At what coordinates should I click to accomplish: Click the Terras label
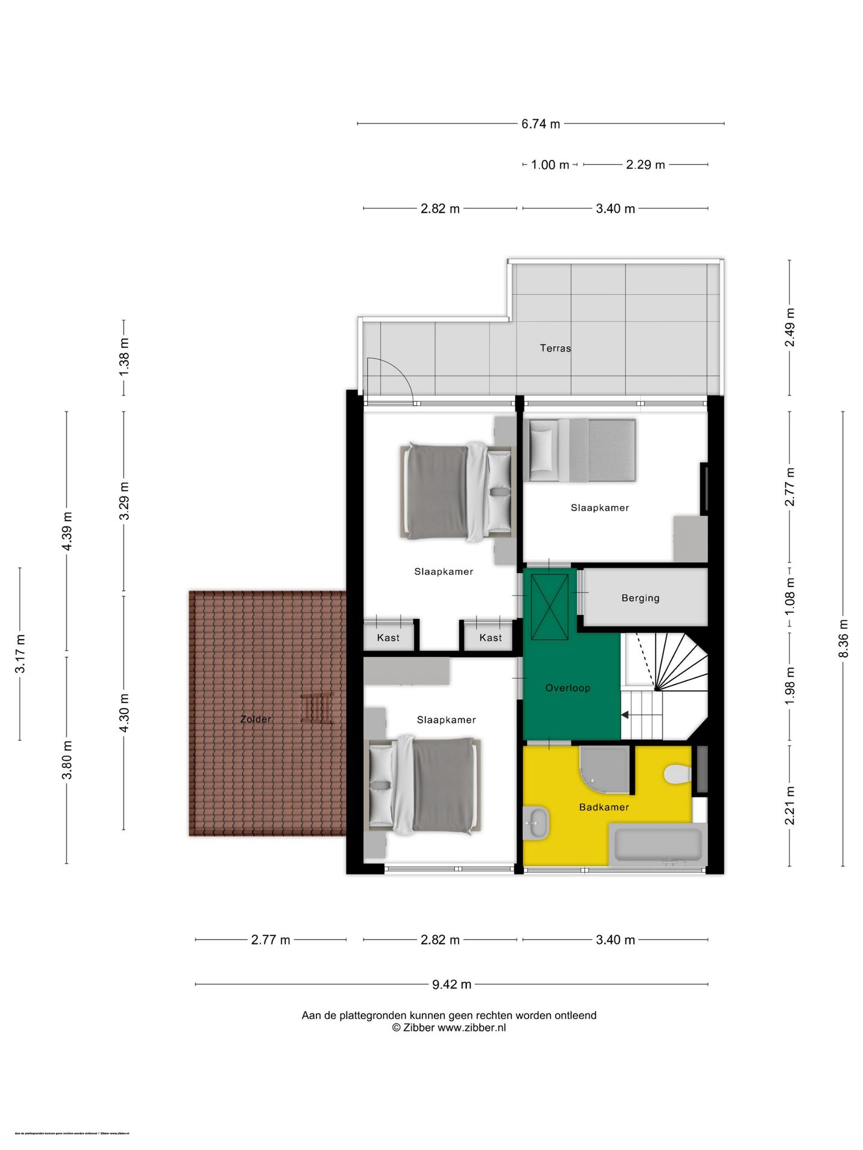pos(555,348)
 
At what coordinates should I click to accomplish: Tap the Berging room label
pos(640,598)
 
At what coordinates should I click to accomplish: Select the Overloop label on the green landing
pos(568,688)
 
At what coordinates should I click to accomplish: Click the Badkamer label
pos(604,807)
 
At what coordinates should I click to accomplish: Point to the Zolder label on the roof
pos(256,719)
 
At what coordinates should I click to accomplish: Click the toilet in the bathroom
pos(677,774)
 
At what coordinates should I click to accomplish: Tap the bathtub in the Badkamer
pos(657,844)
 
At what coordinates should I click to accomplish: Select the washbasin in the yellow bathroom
pos(536,823)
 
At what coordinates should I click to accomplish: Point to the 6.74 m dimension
pos(541,124)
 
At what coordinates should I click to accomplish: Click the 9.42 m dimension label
pos(451,985)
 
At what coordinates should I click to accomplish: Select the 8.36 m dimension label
pos(843,638)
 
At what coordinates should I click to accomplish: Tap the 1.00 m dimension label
pos(550,165)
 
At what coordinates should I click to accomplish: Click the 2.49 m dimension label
pos(790,327)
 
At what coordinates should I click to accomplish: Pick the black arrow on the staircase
pos(625,715)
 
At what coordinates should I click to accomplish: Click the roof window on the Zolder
pos(316,709)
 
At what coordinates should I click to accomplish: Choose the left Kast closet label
pos(388,638)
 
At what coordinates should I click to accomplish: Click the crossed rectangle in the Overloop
pos(550,607)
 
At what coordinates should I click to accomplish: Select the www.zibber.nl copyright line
pos(449,1028)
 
